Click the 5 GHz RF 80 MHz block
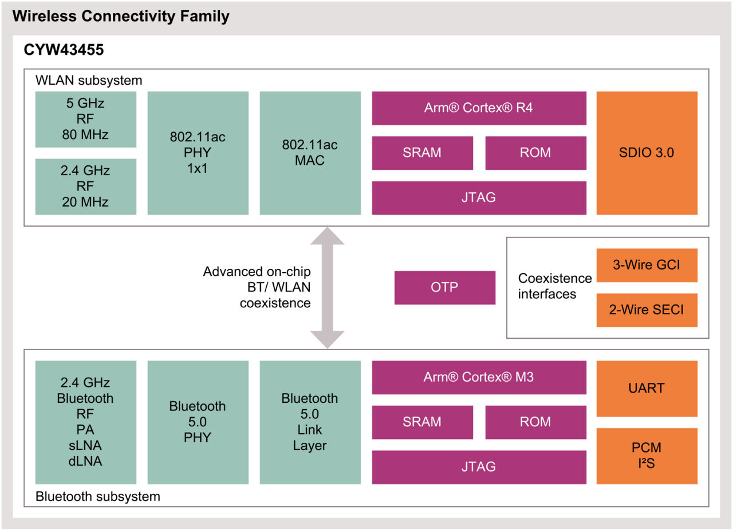[86, 120]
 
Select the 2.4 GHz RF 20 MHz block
[86, 187]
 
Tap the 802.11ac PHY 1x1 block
[198, 153]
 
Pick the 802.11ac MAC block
[310, 153]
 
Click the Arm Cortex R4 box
[479, 108]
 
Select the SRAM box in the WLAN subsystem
[422, 153]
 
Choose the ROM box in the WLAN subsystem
[535, 153]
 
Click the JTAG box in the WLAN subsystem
[479, 198]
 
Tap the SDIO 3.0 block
[647, 153]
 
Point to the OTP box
[444, 287]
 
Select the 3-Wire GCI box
[647, 265]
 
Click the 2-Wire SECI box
[647, 310]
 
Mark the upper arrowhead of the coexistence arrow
[327, 236]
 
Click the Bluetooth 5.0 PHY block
[198, 422]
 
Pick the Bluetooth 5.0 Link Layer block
[310, 422]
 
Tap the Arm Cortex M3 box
[479, 377]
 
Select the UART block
[647, 389]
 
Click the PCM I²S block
[647, 455]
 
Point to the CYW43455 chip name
[64, 50]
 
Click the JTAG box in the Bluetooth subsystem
[479, 467]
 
